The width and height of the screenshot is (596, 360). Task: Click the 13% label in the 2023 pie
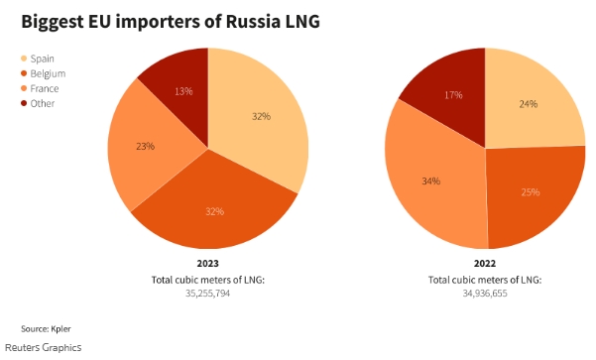coord(182,92)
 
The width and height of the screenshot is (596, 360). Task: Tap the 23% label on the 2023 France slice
coord(144,147)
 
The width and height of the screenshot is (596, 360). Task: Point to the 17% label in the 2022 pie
coord(453,96)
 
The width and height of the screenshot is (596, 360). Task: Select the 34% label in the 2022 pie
coord(430,181)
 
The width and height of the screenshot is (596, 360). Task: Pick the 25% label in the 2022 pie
coord(531,191)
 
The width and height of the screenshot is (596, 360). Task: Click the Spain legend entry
coord(43,60)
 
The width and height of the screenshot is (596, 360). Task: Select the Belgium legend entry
coord(46,73)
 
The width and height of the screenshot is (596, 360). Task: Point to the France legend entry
coord(45,88)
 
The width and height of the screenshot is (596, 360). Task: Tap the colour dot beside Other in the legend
coord(24,103)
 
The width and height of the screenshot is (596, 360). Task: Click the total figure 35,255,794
coord(207,294)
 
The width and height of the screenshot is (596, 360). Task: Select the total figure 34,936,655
coord(484,294)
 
